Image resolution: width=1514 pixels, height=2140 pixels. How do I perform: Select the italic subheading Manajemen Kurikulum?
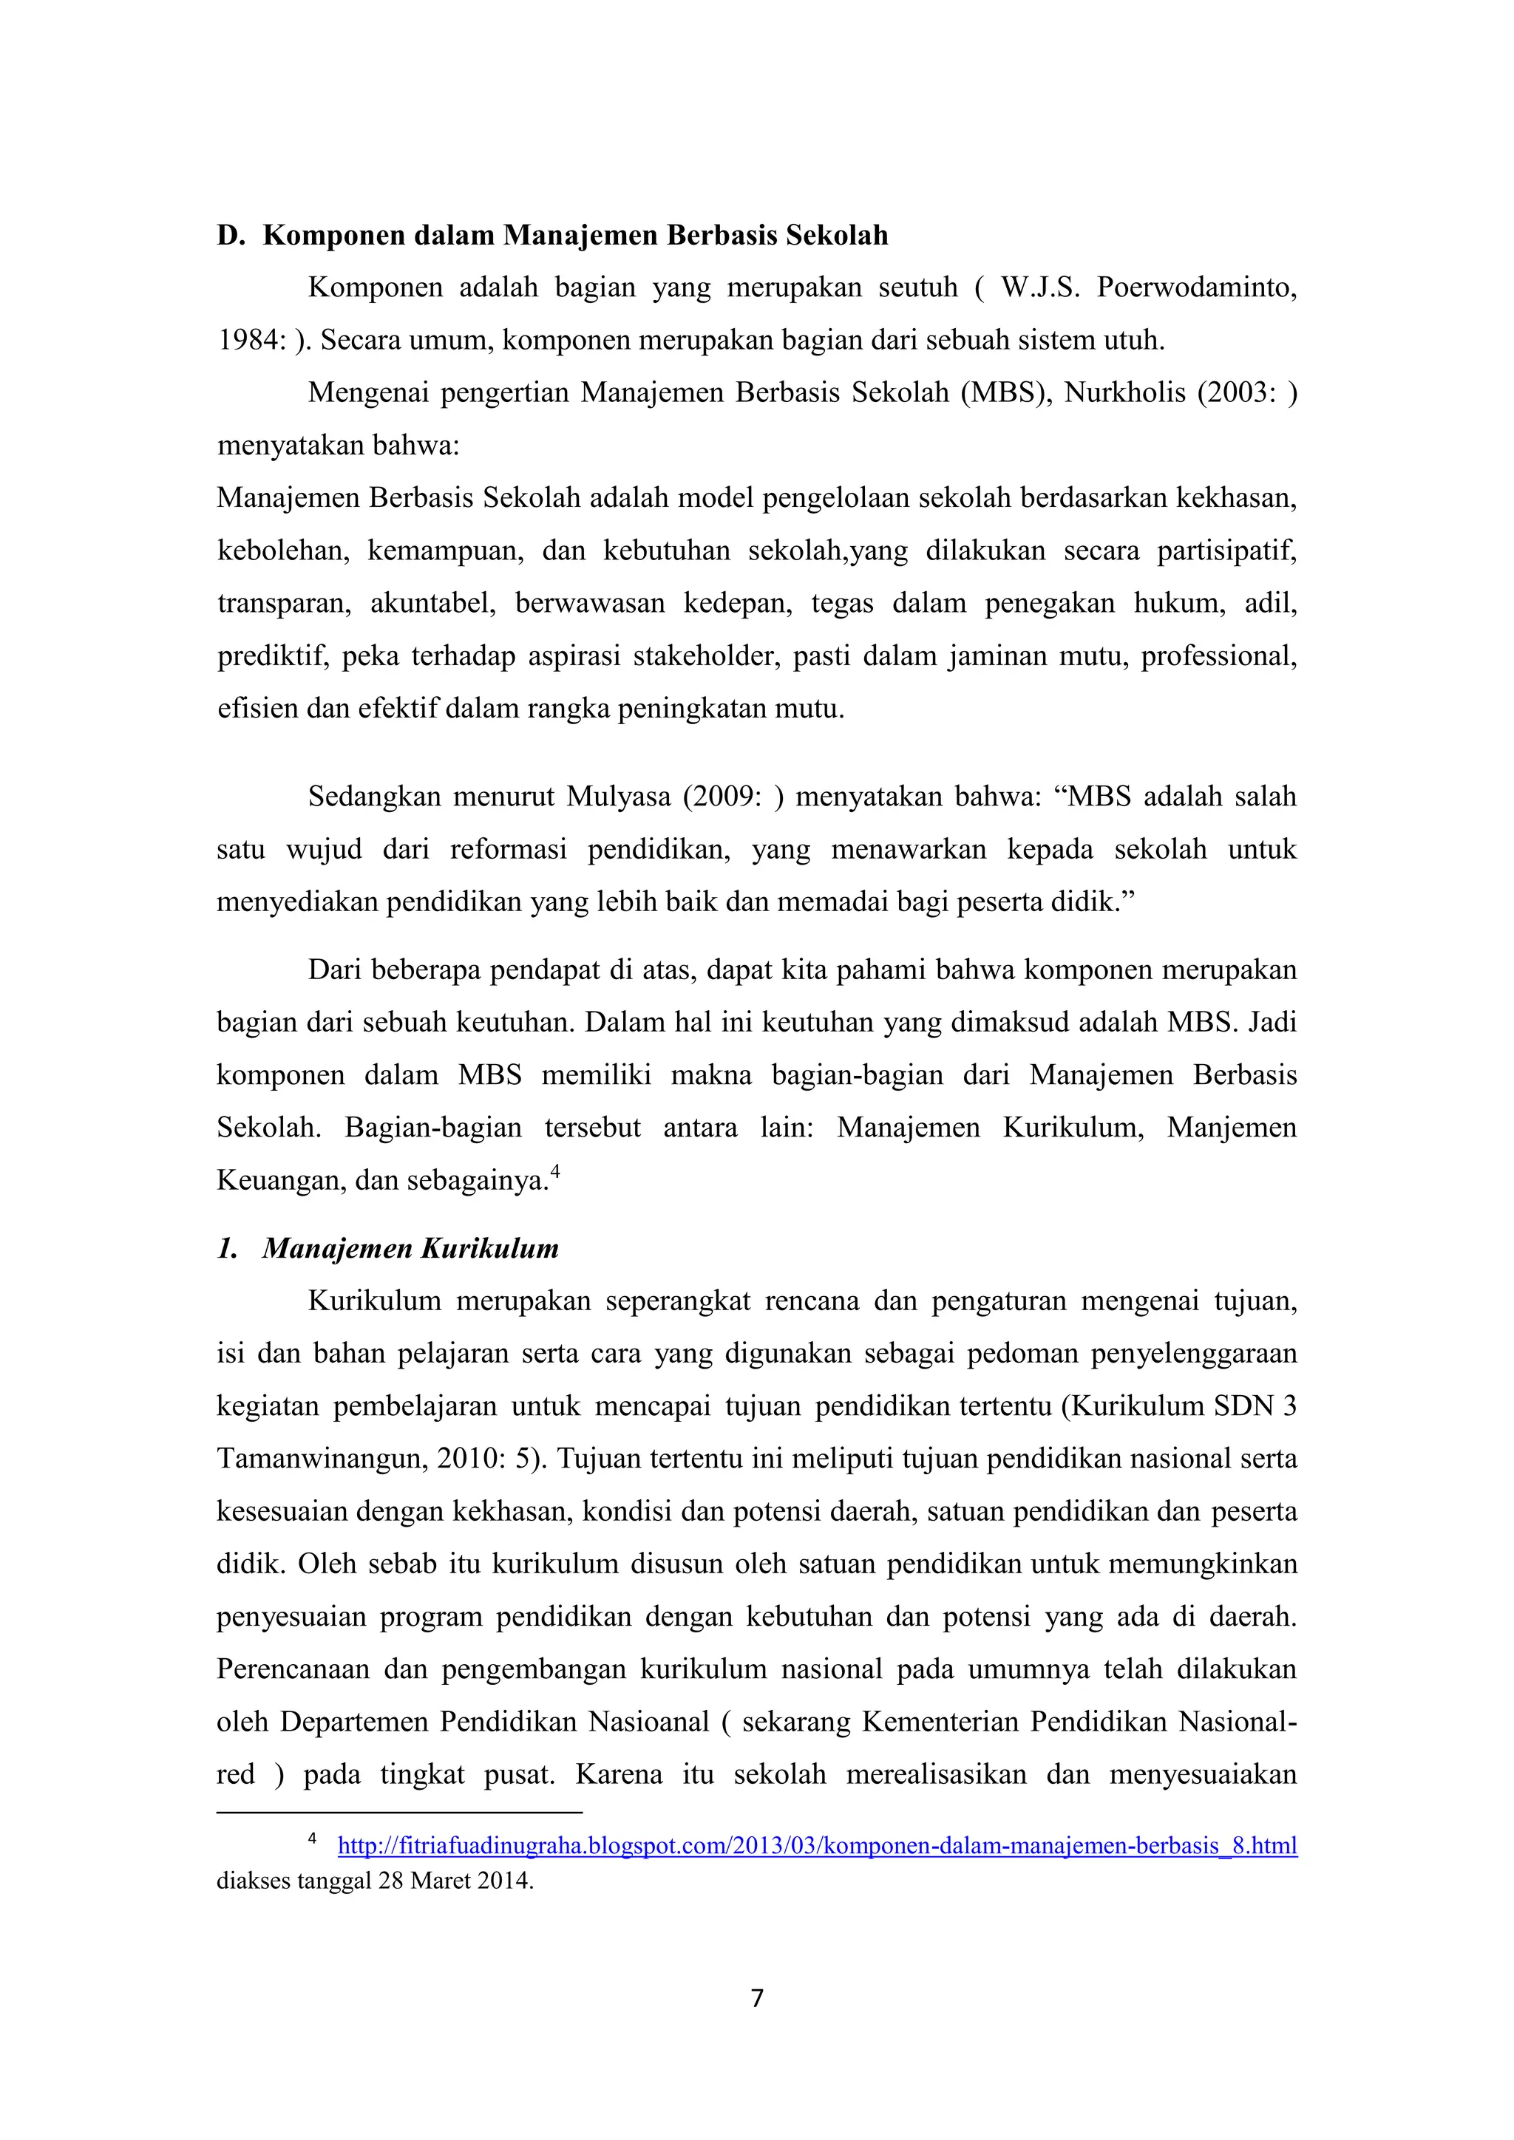[x=410, y=1248]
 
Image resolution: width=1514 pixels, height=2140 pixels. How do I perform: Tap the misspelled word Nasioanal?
[x=649, y=1722]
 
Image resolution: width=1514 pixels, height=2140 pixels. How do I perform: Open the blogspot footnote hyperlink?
[x=817, y=1845]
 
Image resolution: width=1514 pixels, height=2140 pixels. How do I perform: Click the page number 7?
[x=757, y=1997]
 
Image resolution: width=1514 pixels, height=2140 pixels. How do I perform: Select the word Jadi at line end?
[x=1272, y=1023]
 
